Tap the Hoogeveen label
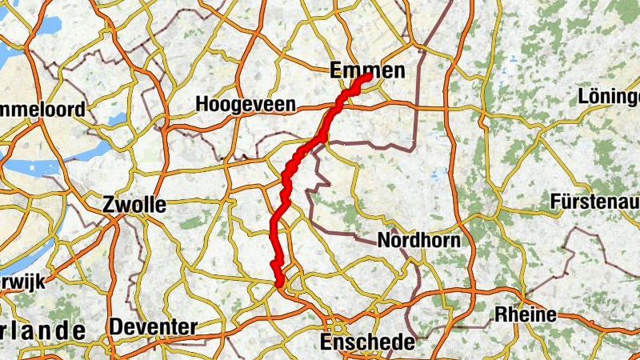pos(246,105)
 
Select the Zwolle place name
pos(134,205)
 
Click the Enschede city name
pos(367,342)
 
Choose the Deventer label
pos(153,327)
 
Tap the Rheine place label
pos(526,314)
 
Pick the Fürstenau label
pos(594,202)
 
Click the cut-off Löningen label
pos(609,98)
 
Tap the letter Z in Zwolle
pos(110,205)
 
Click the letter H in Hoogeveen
pos(202,105)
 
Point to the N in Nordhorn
pos(384,240)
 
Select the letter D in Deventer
pos(116,327)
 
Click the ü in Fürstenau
pos(566,202)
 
